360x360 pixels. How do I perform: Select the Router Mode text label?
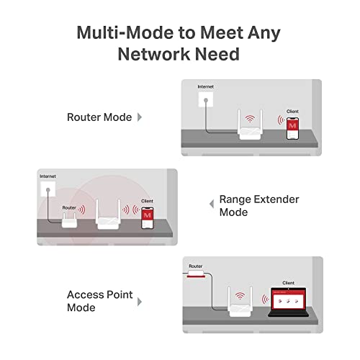coord(99,117)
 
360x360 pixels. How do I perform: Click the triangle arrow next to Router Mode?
coord(139,117)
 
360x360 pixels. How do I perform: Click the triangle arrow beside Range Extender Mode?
coord(212,204)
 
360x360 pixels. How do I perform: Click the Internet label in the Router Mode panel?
coord(206,88)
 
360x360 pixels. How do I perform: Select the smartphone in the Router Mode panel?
coord(292,127)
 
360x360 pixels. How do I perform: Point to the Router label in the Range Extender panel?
coord(69,207)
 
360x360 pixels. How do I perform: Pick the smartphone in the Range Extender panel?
coord(148,216)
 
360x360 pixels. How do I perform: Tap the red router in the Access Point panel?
coord(197,274)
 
